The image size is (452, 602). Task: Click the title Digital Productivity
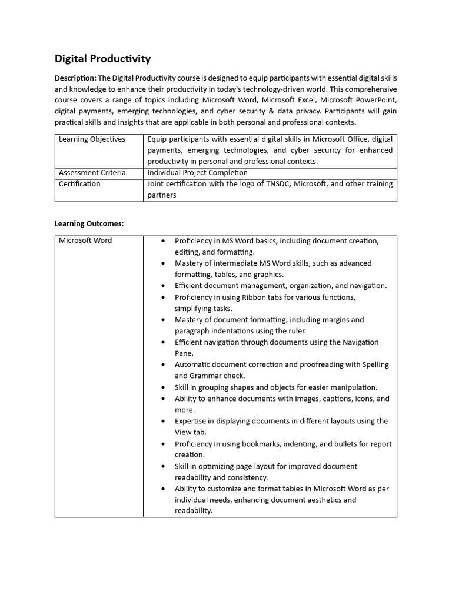tap(102, 58)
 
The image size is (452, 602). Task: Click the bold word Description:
tap(75, 78)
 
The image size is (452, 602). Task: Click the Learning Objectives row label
tap(92, 139)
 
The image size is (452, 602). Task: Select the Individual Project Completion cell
tap(197, 173)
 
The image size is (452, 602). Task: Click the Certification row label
tap(79, 184)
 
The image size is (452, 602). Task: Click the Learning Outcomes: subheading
tap(89, 223)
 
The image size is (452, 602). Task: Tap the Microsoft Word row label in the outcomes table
tap(85, 240)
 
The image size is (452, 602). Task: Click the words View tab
tap(190, 432)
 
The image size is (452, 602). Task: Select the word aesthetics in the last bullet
tap(323, 500)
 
